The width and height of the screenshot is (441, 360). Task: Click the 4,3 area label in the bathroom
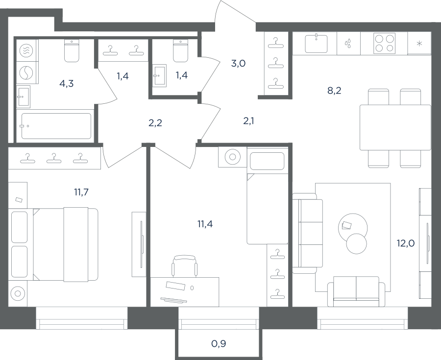click(x=67, y=83)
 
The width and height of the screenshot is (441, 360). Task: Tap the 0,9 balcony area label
click(x=219, y=343)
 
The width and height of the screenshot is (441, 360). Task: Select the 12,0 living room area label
click(x=406, y=243)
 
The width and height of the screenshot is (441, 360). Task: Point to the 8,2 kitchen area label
click(x=334, y=91)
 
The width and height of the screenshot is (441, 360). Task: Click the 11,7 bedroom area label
click(x=81, y=192)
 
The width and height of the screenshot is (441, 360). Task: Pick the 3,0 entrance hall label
click(x=238, y=64)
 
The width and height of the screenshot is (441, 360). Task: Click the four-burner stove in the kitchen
click(x=385, y=43)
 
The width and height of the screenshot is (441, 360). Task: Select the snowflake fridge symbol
click(x=419, y=43)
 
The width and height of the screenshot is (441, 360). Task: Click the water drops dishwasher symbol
click(x=348, y=43)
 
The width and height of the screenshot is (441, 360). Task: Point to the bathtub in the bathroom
click(x=56, y=126)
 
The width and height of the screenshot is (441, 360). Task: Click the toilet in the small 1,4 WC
click(x=180, y=50)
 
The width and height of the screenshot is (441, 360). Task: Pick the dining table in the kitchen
click(x=395, y=127)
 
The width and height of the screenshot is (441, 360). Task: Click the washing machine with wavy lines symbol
click(x=26, y=50)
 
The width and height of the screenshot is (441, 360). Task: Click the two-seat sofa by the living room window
click(x=356, y=291)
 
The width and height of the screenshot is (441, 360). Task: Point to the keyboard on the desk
click(x=174, y=300)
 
